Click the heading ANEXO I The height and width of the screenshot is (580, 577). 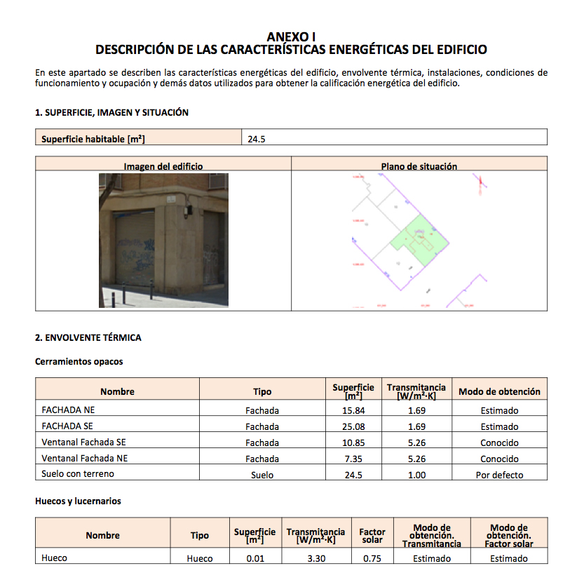[x=291, y=36]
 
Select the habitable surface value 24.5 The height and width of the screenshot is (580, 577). [x=257, y=139]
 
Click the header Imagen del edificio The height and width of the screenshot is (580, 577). [x=163, y=166]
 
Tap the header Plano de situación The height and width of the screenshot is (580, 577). [x=419, y=166]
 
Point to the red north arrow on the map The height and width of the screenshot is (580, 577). [x=480, y=184]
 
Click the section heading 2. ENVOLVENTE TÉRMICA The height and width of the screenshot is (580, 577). [x=88, y=337]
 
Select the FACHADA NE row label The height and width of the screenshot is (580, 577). [x=68, y=410]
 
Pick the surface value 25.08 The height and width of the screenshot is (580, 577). [x=353, y=426]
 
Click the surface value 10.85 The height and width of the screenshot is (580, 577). [x=353, y=443]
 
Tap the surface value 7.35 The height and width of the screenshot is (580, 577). [x=353, y=459]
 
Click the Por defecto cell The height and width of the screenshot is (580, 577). [x=499, y=475]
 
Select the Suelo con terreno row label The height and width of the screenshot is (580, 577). [x=78, y=474]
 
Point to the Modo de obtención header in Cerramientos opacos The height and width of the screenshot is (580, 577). [x=499, y=391]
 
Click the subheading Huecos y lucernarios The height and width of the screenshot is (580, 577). [x=78, y=501]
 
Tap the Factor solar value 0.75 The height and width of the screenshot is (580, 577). [x=372, y=558]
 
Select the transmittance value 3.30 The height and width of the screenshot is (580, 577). [x=315, y=558]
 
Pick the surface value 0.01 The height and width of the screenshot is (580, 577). [x=255, y=558]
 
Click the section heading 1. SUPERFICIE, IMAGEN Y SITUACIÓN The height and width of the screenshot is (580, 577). [x=111, y=112]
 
